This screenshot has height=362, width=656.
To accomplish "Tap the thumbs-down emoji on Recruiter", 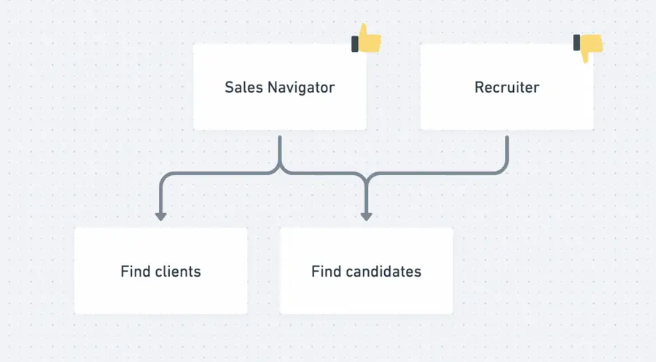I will [x=589, y=47].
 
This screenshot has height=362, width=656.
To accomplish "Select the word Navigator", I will [x=301, y=88].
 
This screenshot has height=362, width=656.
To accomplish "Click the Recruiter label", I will [x=507, y=88].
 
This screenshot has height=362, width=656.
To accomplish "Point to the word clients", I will [x=178, y=271].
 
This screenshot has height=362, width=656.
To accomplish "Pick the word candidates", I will [x=383, y=271].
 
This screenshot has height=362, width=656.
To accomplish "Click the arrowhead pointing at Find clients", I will [x=161, y=216].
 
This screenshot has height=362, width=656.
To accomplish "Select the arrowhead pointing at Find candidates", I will [x=367, y=216].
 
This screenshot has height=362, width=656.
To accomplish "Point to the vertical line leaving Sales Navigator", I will [x=280, y=150].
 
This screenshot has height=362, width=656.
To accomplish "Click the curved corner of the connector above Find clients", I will [x=165, y=177].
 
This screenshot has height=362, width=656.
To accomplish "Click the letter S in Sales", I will [x=229, y=88].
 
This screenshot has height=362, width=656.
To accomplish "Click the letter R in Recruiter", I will [x=479, y=88].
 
